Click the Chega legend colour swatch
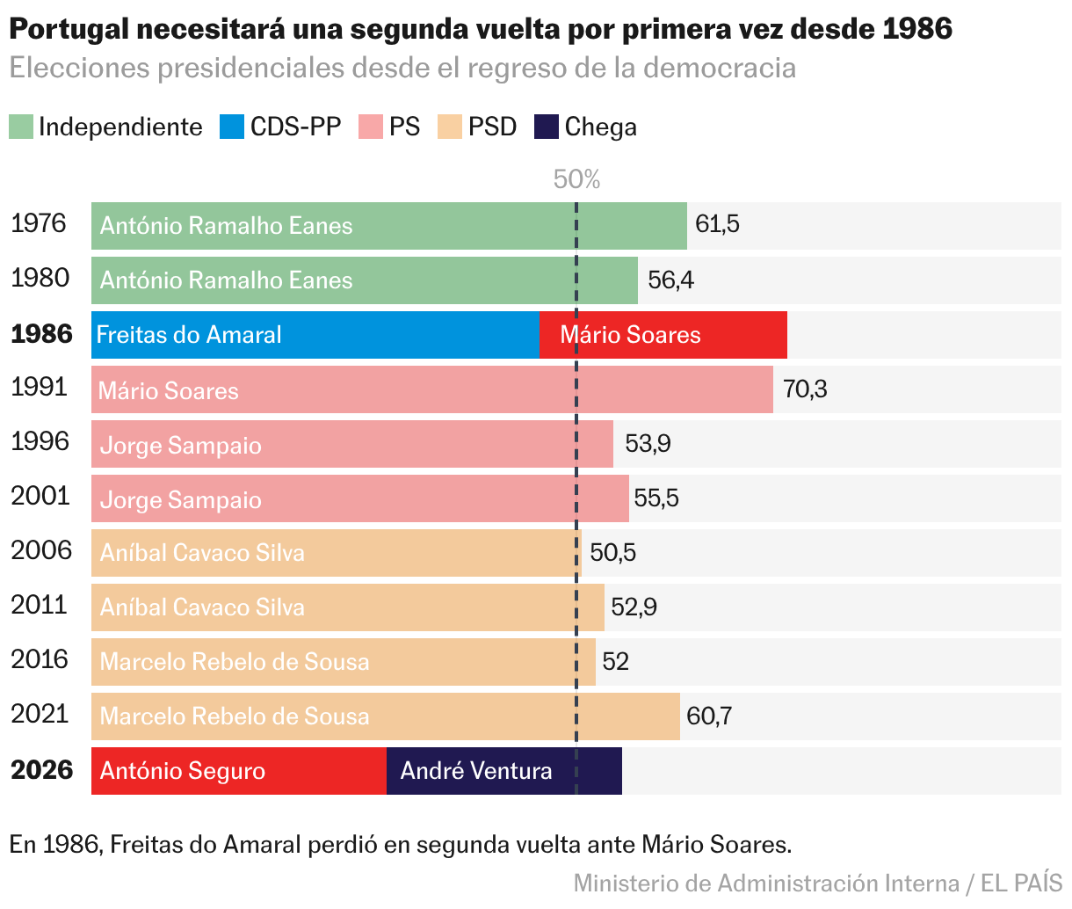point(546,127)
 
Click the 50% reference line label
point(576,179)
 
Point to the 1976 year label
point(39,223)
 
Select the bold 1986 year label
point(41,334)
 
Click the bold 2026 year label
point(41,770)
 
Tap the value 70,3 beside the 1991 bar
point(805,389)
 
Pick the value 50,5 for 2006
point(612,552)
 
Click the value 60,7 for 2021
point(708,716)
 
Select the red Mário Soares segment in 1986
point(663,335)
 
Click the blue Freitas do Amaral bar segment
point(315,335)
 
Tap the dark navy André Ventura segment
point(503,771)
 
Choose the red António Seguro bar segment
point(238,771)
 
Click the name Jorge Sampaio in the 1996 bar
point(180,445)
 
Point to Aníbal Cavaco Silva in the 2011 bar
point(202,607)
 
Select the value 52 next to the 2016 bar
point(615,661)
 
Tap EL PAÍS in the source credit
point(1021,883)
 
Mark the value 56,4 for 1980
point(670,280)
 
